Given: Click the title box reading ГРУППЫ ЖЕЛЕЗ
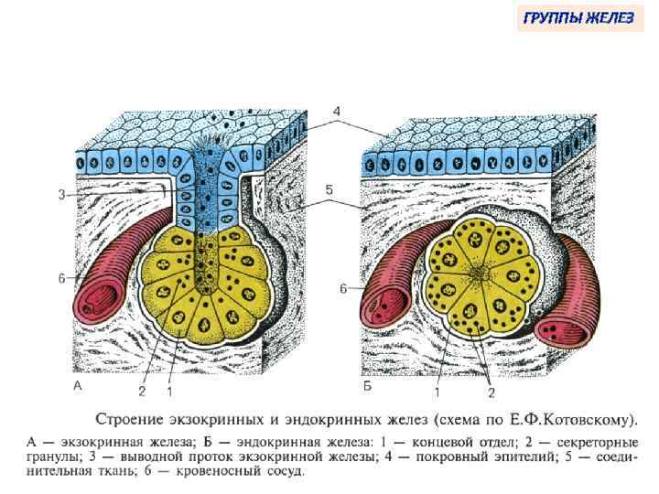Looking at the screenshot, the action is coord(577,18).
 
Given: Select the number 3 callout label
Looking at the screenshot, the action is coord(60,193).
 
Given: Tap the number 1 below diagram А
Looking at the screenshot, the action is coord(169,392).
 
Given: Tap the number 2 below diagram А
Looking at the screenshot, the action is coord(142,392).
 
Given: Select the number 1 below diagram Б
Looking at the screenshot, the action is coord(438,392).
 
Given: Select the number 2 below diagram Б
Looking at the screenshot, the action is coord(492,392).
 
